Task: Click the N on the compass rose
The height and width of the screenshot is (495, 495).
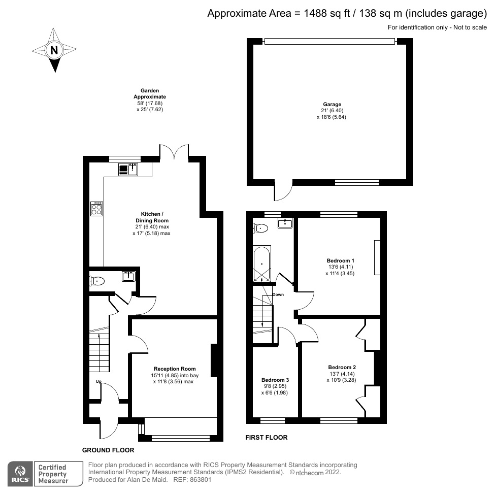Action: click(x=53, y=50)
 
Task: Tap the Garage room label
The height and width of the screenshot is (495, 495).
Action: click(x=330, y=105)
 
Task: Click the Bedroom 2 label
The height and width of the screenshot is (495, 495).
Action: click(x=342, y=368)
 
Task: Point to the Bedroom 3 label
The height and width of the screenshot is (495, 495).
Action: click(x=275, y=380)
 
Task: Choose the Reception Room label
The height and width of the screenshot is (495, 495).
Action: click(x=175, y=369)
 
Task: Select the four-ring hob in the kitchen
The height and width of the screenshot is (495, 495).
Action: click(x=96, y=208)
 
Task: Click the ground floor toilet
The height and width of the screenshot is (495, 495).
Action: click(x=97, y=281)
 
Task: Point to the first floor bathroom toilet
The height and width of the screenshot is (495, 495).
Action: click(x=260, y=228)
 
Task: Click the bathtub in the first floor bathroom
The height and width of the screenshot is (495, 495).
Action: click(x=262, y=264)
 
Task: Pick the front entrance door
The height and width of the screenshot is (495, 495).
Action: click(x=109, y=426)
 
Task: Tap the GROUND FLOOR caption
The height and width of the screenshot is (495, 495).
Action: click(x=108, y=450)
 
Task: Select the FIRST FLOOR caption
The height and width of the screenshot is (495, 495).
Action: click(x=266, y=437)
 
